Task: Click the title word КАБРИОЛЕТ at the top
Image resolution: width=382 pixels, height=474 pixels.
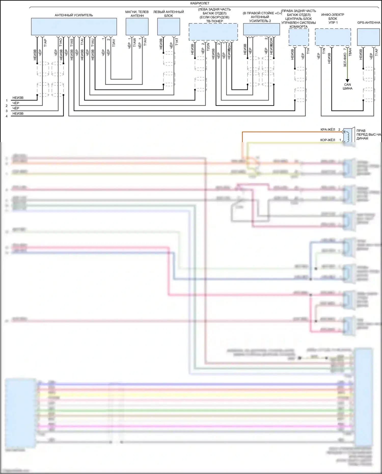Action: [200, 3]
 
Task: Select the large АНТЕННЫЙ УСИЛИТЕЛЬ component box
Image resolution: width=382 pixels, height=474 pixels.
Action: [74, 26]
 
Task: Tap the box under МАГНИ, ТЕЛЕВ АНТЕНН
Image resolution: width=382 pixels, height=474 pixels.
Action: [137, 26]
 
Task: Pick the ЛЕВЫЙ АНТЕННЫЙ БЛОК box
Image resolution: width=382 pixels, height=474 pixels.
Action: [169, 26]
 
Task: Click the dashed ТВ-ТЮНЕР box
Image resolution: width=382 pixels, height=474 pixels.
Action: [213, 32]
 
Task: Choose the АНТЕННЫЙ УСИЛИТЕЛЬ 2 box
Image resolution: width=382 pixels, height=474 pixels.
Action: [261, 29]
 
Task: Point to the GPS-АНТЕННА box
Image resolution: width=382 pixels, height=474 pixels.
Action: [368, 37]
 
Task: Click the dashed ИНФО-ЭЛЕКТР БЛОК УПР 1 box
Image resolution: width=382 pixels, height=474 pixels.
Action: [333, 37]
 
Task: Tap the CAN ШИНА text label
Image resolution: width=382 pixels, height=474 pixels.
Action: [347, 87]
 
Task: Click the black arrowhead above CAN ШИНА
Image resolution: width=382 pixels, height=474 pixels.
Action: [347, 81]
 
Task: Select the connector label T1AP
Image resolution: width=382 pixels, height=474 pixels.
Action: [45, 43]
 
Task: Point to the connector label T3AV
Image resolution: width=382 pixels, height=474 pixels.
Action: [114, 43]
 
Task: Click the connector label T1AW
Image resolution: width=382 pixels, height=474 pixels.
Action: [134, 42]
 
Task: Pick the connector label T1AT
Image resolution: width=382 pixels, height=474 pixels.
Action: [177, 42]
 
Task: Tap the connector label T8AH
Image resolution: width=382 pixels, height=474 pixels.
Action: [350, 52]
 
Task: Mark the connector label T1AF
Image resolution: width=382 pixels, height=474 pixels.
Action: [376, 52]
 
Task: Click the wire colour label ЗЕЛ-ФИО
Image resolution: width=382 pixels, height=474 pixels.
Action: [345, 60]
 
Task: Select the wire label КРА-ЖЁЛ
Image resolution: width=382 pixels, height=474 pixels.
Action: [328, 130]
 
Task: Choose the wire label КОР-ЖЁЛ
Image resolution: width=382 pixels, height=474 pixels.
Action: [328, 140]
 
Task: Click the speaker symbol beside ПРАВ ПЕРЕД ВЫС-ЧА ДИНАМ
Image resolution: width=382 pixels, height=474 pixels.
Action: [347, 135]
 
